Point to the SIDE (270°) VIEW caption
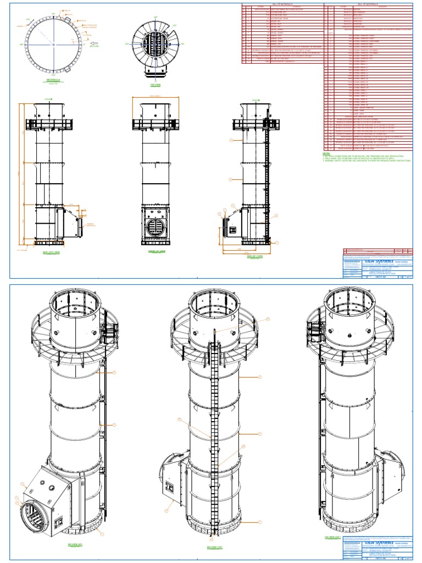[x=53, y=253]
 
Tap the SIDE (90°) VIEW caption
[x=253, y=256]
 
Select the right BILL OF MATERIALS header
[x=369, y=4]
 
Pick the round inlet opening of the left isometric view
[x=31, y=515]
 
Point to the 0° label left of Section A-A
[x=22, y=44]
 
